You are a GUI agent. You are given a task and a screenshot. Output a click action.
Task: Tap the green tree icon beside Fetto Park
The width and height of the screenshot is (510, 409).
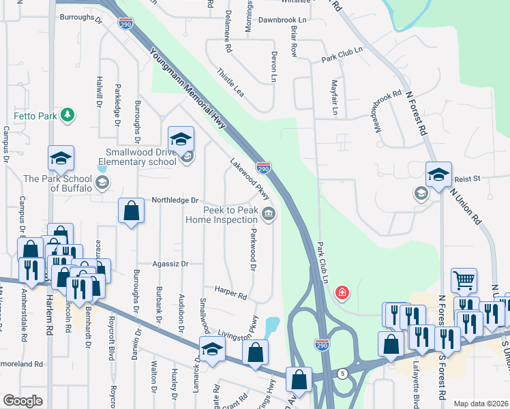click(x=67, y=115)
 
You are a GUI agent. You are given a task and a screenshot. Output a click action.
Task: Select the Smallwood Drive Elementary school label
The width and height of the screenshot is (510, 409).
click(x=136, y=157)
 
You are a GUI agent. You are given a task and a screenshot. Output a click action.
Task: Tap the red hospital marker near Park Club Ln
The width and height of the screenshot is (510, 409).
click(x=342, y=293)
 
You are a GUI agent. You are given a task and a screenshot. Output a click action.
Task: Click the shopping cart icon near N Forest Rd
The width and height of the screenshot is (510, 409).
click(x=464, y=280)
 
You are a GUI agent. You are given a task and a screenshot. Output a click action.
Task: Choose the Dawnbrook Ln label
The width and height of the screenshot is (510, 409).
click(x=283, y=20)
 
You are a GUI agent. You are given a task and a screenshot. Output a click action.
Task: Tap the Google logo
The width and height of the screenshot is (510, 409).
click(x=22, y=401)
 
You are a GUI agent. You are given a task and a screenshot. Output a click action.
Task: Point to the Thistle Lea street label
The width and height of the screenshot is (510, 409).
click(x=230, y=82)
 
